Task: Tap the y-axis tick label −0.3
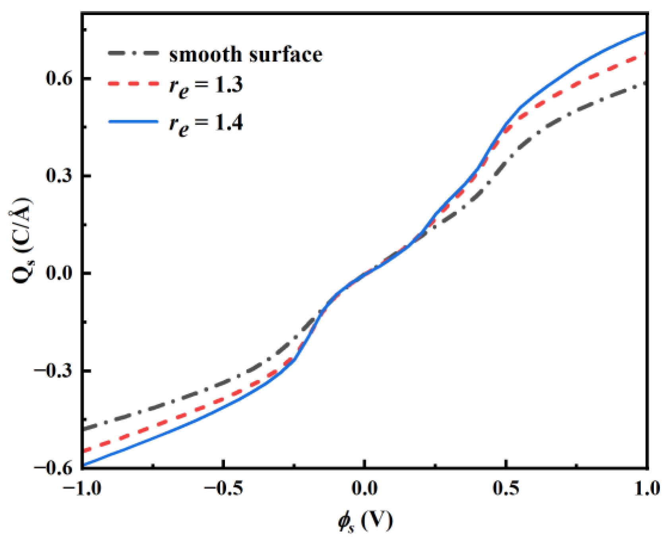click(54, 370)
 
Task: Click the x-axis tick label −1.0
click(82, 488)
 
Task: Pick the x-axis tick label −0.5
click(223, 488)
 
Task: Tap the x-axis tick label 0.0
click(364, 488)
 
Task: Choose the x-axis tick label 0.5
click(506, 488)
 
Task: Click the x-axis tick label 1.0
click(646, 488)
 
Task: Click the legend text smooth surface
click(245, 54)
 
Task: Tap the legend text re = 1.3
click(206, 87)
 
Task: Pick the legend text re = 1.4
click(206, 124)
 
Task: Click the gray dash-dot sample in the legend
click(134, 53)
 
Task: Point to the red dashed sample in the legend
click(134, 84)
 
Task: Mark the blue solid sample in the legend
click(134, 122)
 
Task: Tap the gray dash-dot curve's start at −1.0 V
click(83, 429)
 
